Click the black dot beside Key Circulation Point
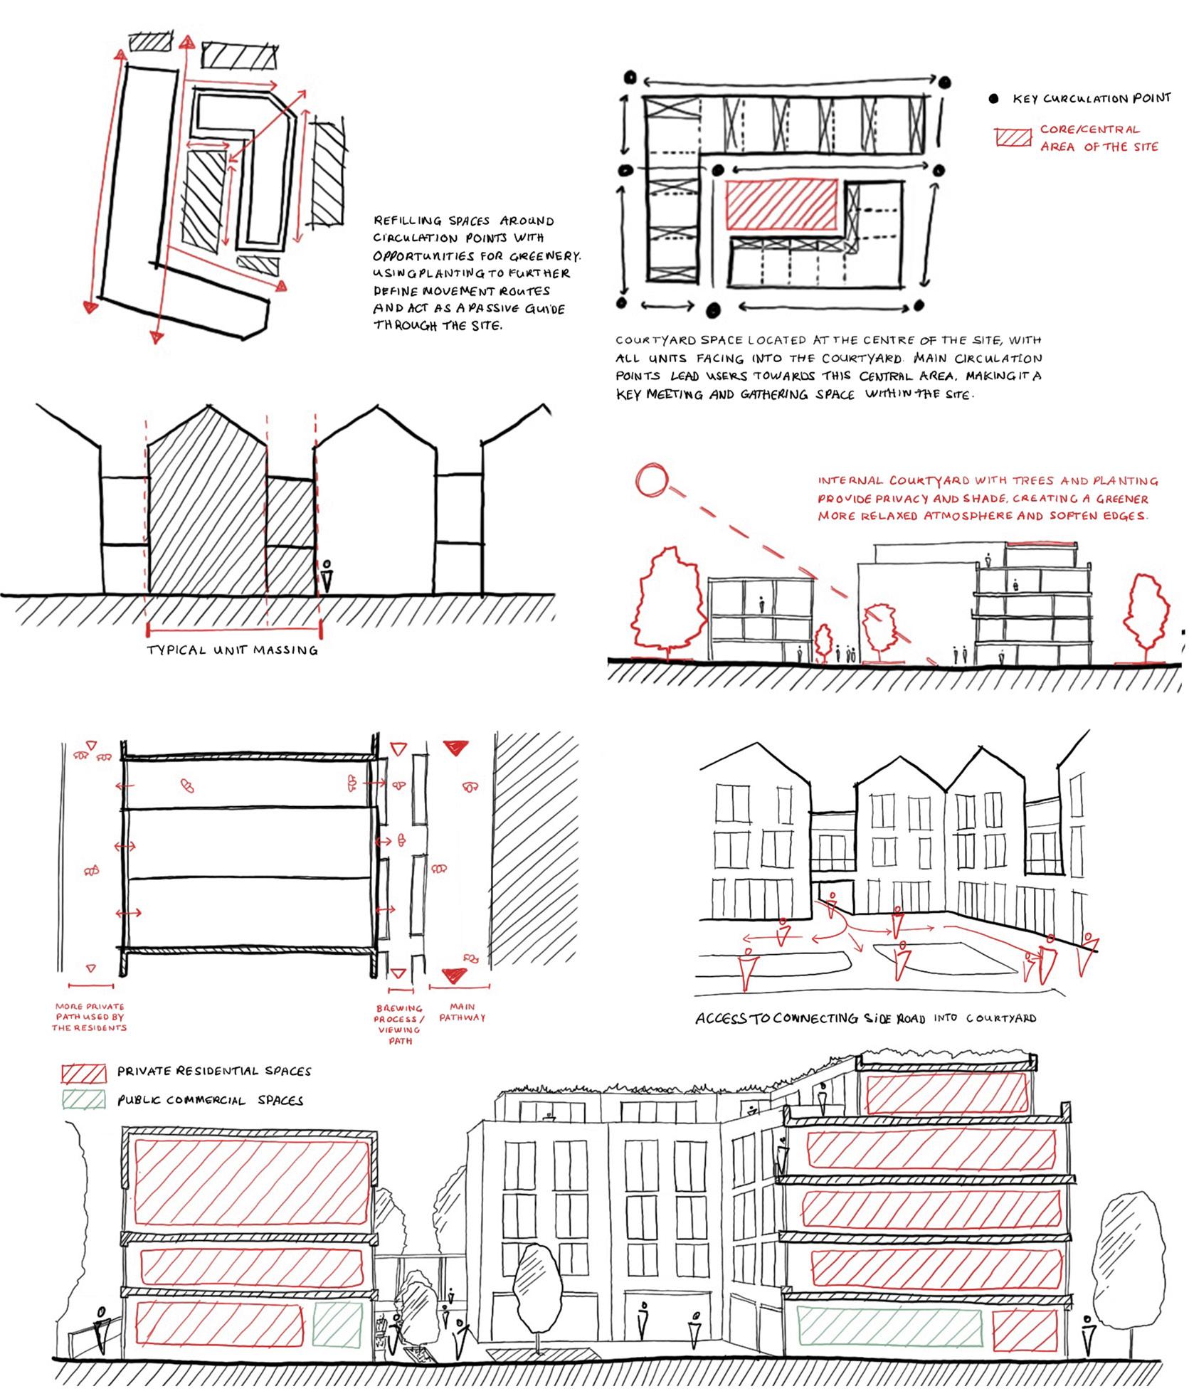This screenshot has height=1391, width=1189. click(x=993, y=100)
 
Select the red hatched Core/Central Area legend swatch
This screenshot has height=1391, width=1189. click(x=1013, y=138)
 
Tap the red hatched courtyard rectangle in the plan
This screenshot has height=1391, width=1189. click(x=781, y=203)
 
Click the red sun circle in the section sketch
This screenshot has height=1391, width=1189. click(x=652, y=480)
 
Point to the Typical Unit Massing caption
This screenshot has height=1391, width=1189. click(x=232, y=650)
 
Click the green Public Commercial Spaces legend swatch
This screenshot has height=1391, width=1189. click(x=84, y=1100)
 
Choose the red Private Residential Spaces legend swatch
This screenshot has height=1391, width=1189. click(x=84, y=1071)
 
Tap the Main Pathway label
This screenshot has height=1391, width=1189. click(x=462, y=1012)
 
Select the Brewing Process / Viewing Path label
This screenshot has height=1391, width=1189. click(x=399, y=1024)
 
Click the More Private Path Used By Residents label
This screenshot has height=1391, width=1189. click(x=90, y=1017)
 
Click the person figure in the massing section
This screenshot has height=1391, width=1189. click(x=326, y=577)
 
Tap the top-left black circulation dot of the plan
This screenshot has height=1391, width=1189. click(x=628, y=76)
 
